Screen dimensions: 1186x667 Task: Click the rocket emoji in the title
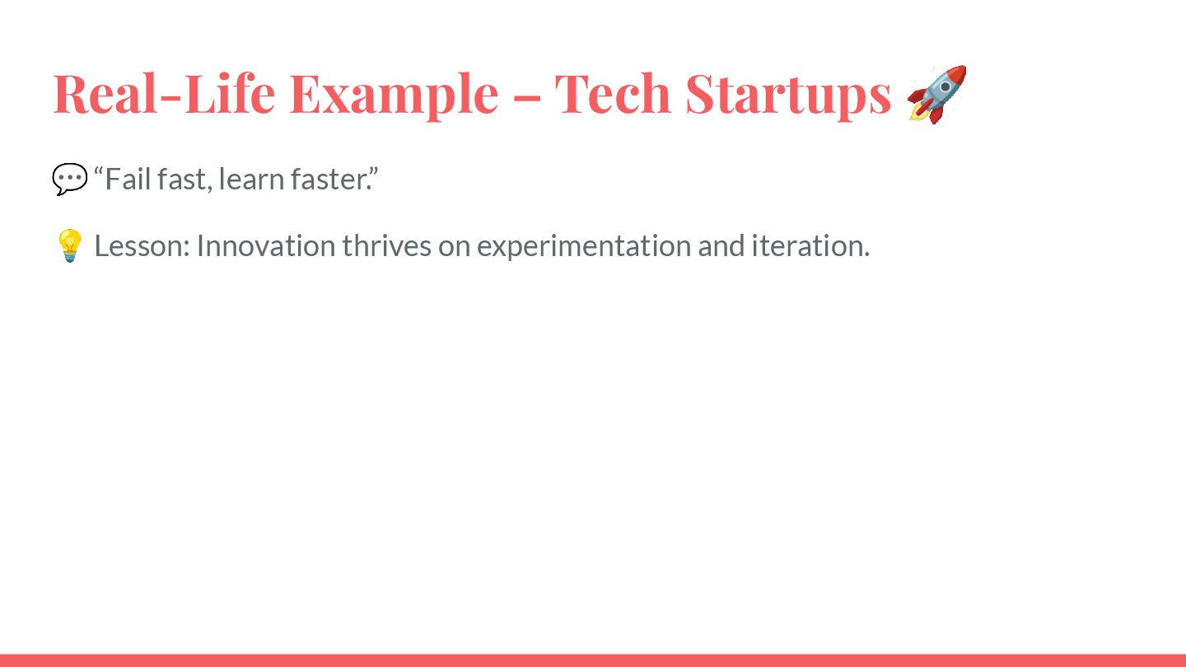click(937, 94)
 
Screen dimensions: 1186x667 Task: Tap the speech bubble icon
click(69, 180)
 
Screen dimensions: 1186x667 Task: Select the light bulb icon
click(69, 245)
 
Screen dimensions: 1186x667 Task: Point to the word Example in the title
click(395, 96)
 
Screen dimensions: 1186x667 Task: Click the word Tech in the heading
click(613, 94)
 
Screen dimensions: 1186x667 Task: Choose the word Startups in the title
click(788, 96)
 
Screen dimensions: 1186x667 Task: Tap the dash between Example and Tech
click(527, 97)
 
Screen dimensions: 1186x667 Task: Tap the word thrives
click(386, 246)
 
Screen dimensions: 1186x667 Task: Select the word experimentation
click(584, 248)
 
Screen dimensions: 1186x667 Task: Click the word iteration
click(810, 246)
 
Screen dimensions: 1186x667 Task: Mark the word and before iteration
click(721, 246)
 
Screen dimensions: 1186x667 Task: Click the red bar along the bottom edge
click(593, 660)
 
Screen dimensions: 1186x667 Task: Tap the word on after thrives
click(455, 249)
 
